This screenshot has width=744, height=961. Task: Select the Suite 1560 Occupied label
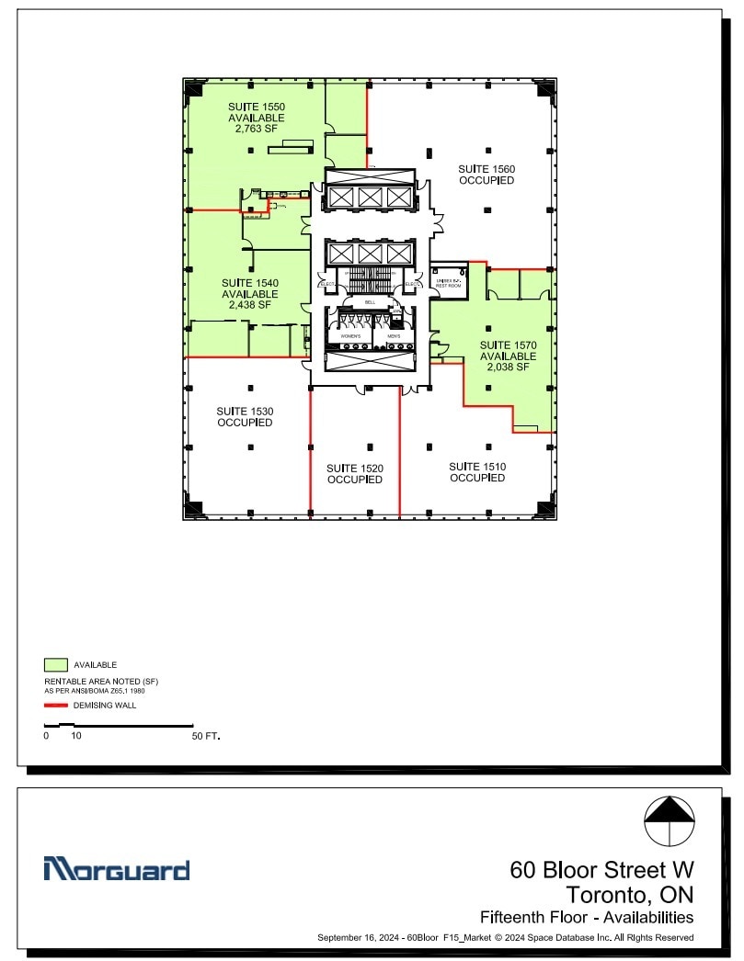pyautogui.click(x=486, y=175)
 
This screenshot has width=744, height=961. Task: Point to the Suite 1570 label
pyautogui.click(x=508, y=345)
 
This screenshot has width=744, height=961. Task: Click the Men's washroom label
pyautogui.click(x=394, y=337)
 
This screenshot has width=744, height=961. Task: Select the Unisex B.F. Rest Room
pyautogui.click(x=448, y=282)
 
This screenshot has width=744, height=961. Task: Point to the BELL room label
pyautogui.click(x=370, y=302)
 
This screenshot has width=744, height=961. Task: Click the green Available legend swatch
pyautogui.click(x=56, y=664)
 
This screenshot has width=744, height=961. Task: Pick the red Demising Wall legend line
pyautogui.click(x=56, y=706)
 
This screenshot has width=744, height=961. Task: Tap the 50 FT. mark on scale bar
pyautogui.click(x=206, y=737)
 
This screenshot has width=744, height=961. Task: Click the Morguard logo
pyautogui.click(x=117, y=869)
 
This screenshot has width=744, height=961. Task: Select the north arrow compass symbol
pyautogui.click(x=669, y=821)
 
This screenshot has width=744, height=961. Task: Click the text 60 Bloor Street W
pyautogui.click(x=601, y=869)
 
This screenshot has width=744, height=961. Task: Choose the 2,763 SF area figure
pyautogui.click(x=257, y=129)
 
